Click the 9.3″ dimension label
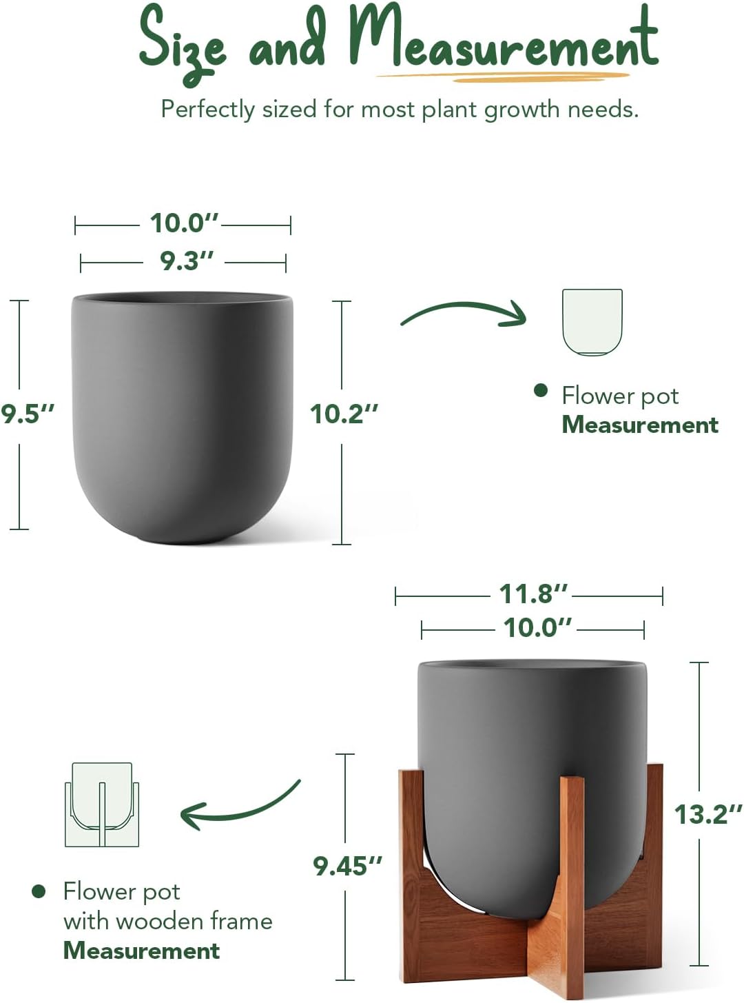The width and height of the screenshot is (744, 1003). pyautogui.click(x=187, y=261)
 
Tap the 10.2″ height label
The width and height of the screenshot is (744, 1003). pyautogui.click(x=344, y=414)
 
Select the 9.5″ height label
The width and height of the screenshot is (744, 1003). pyautogui.click(x=28, y=414)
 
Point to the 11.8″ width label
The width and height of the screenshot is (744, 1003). pyautogui.click(x=533, y=594)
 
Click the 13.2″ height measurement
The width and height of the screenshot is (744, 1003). pyautogui.click(x=707, y=815)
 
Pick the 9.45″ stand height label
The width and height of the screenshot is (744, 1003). pyautogui.click(x=347, y=866)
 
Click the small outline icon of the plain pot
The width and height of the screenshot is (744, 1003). pyautogui.click(x=592, y=322)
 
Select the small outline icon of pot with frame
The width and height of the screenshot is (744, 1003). pyautogui.click(x=102, y=804)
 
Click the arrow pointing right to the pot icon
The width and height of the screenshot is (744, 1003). pyautogui.click(x=464, y=314)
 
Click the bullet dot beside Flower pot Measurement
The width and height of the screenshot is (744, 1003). pyautogui.click(x=541, y=391)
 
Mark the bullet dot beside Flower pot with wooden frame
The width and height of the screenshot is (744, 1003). pyautogui.click(x=39, y=891)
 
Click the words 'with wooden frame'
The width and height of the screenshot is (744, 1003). pyautogui.click(x=167, y=921)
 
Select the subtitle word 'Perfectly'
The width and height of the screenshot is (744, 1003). pyautogui.click(x=207, y=110)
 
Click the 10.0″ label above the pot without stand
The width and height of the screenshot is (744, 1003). pyautogui.click(x=184, y=223)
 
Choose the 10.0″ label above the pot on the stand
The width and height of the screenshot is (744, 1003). pyautogui.click(x=537, y=628)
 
